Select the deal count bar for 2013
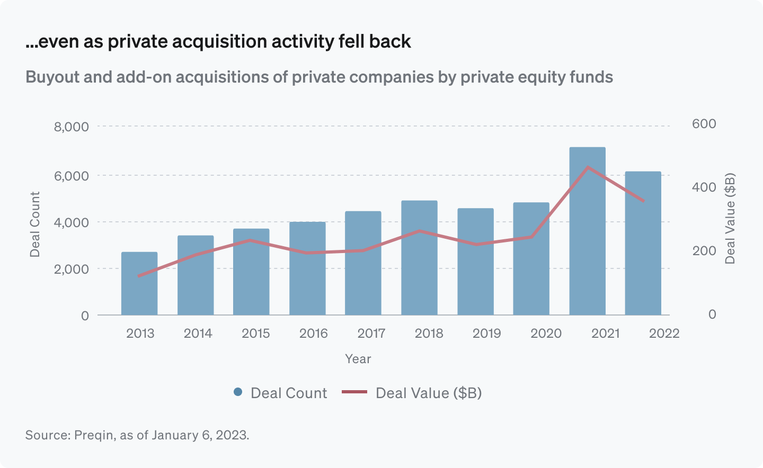[139, 284]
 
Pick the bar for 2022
[643, 244]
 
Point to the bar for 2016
[307, 268]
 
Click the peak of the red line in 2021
[588, 167]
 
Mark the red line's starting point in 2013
[139, 276]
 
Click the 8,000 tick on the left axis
[71, 127]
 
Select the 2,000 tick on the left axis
[71, 269]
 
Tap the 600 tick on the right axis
[704, 124]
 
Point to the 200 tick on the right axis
[704, 251]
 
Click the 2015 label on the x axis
[255, 334]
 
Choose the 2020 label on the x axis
[546, 334]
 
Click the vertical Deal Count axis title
[35, 224]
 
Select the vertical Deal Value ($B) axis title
[730, 218]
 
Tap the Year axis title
[358, 359]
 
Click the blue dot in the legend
[238, 392]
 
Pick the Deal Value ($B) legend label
[428, 393]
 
